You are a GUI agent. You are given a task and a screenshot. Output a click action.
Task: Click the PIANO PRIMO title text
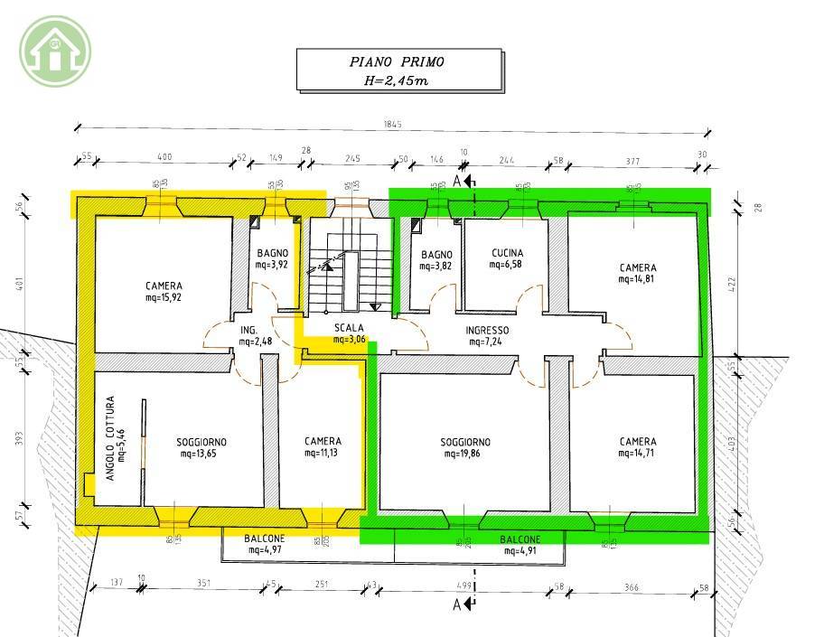[x=398, y=62]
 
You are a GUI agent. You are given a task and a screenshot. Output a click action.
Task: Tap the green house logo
[x=55, y=51]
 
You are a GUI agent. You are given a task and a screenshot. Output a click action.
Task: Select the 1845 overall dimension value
[x=391, y=125]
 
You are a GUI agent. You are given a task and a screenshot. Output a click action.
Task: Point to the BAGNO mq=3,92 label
[x=272, y=259]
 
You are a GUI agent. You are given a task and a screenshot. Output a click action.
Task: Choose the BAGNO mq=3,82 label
[x=436, y=259]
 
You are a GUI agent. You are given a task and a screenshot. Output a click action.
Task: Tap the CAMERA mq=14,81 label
[x=638, y=273]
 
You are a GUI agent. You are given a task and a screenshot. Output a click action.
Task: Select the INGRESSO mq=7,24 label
[x=487, y=336]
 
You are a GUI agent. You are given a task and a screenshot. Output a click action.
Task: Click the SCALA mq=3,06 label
[x=349, y=333]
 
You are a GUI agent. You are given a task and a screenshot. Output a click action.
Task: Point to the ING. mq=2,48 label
[x=250, y=335]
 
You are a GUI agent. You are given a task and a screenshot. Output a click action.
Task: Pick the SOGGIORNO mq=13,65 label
[x=201, y=447]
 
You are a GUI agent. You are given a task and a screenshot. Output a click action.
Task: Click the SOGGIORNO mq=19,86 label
[x=465, y=447]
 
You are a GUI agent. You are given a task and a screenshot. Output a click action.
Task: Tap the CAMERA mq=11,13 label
[x=323, y=446]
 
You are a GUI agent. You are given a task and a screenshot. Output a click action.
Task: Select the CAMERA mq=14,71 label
[x=638, y=447]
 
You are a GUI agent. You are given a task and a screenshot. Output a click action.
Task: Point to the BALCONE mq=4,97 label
[x=264, y=543]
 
